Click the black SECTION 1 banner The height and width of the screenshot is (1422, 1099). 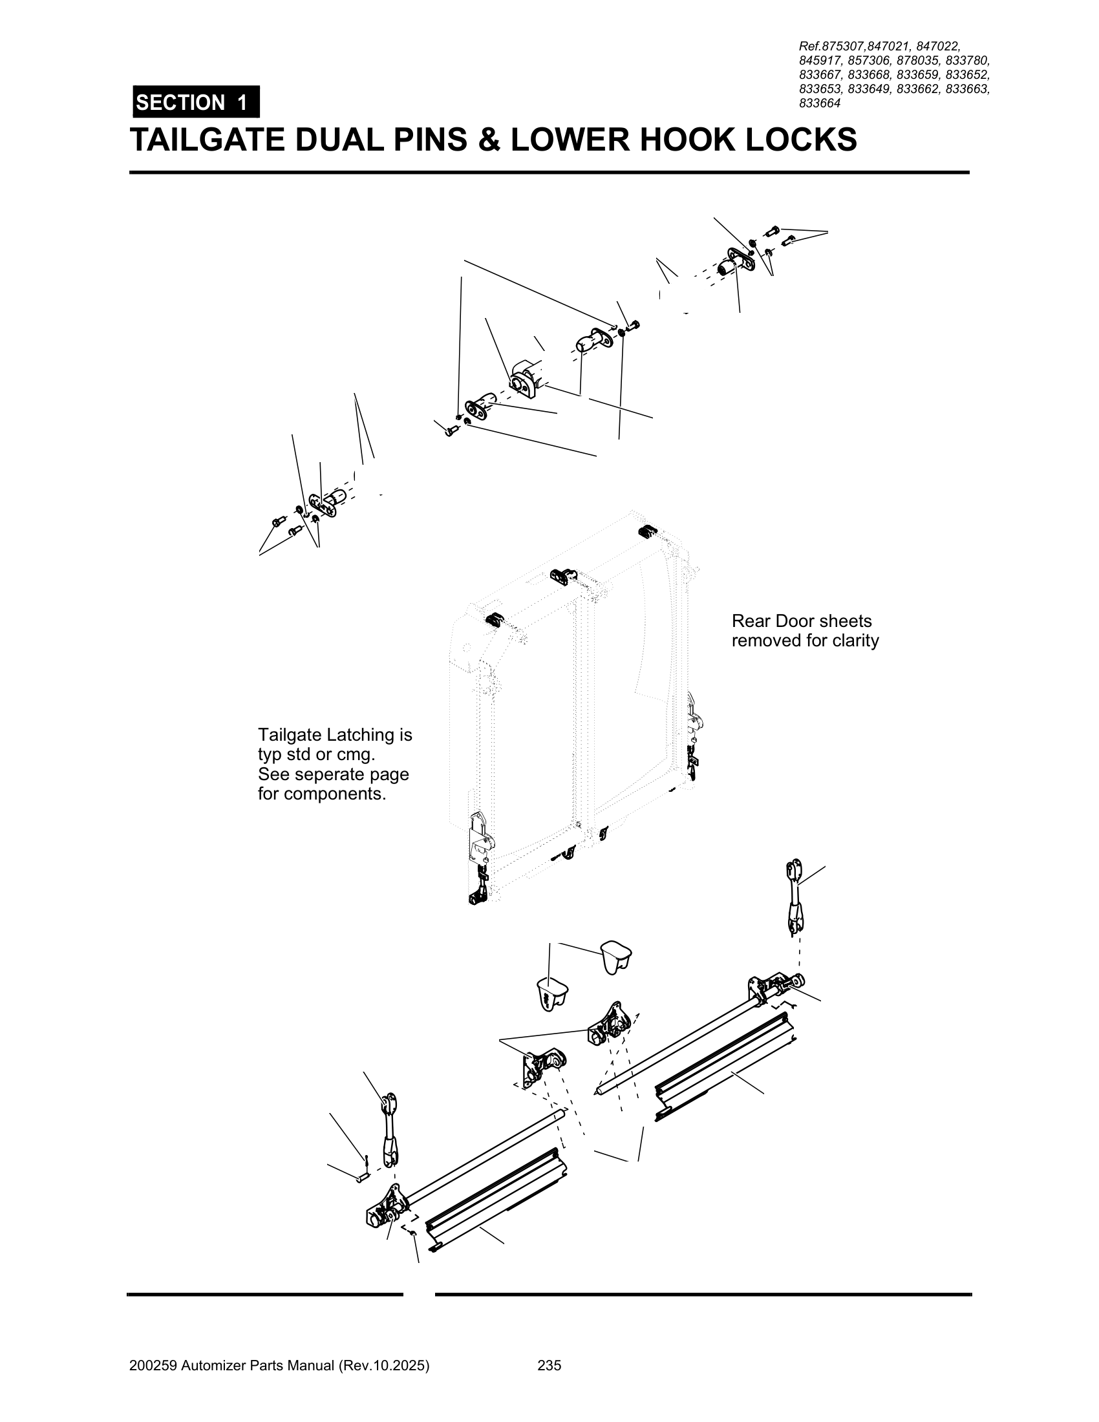click(x=195, y=102)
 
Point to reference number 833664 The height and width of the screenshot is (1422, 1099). click(x=820, y=103)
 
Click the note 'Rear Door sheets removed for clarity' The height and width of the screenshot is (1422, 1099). click(x=804, y=630)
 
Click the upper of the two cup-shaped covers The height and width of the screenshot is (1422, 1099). click(x=615, y=956)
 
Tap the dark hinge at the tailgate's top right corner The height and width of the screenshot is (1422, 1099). click(x=648, y=531)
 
